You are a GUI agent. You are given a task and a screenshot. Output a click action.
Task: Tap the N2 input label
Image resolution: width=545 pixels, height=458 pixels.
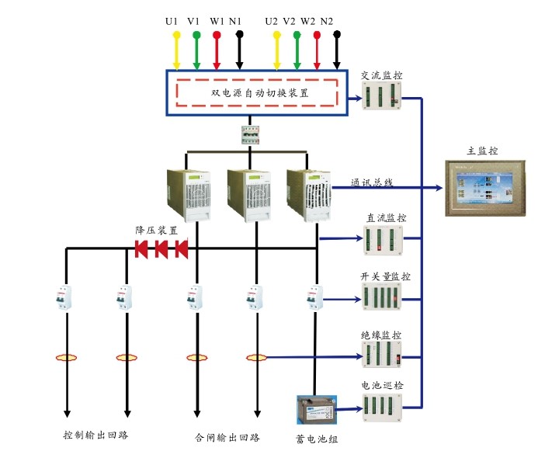click(x=327, y=21)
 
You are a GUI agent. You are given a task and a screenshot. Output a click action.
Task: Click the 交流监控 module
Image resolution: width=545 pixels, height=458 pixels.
click(x=382, y=98)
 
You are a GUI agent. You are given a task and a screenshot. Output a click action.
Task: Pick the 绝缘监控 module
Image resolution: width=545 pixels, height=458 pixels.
click(x=382, y=355)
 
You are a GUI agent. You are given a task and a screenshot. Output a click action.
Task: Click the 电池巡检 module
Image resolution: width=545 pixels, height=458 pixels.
click(x=382, y=407)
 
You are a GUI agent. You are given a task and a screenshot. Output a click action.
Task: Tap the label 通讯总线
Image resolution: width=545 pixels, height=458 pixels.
click(x=372, y=183)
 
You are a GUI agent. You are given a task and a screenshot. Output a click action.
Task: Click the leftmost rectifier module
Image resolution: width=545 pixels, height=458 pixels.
click(x=189, y=194)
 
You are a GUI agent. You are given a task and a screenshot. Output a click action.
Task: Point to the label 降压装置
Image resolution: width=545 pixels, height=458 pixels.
click(x=157, y=231)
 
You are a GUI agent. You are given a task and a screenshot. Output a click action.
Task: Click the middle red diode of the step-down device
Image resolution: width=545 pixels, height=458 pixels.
click(x=162, y=248)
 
